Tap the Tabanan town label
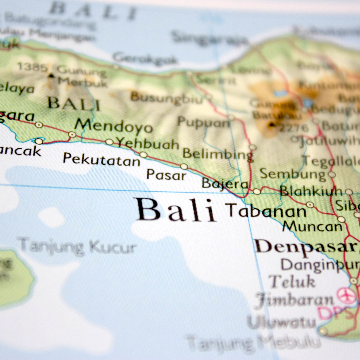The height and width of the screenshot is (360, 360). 266,211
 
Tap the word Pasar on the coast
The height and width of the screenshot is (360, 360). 166,174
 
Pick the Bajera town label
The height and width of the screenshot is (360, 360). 225,184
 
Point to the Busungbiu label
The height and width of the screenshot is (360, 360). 166,98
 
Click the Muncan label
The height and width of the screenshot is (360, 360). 312,227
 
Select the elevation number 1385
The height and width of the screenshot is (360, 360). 33,67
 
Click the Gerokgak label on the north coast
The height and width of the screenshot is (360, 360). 145,59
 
